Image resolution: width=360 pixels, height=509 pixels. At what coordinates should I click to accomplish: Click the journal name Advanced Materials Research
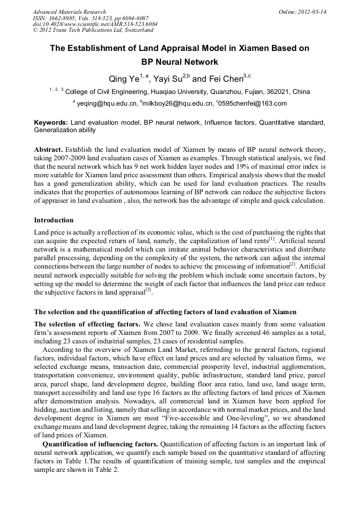[x=69, y=12]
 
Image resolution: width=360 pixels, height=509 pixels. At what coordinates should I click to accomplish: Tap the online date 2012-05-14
[x=311, y=12]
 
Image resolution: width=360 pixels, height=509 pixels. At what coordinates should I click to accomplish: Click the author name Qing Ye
[x=124, y=79]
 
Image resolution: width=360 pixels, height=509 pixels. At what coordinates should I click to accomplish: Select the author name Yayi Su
[x=168, y=79]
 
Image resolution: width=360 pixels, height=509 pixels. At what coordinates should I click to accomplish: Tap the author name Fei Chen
[x=225, y=79]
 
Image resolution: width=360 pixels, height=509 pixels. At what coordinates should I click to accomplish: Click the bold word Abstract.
[x=49, y=150]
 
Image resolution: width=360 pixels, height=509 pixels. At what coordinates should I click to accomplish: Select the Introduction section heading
[x=54, y=220]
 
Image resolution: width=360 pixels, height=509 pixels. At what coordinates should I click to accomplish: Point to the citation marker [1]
[x=271, y=239]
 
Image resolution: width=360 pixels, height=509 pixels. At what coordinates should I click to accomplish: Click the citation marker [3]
[x=148, y=289]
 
